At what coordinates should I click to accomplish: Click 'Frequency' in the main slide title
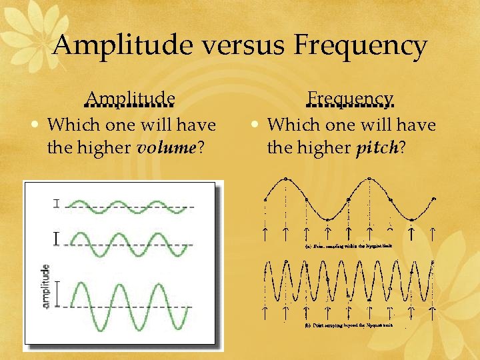pyautogui.click(x=361, y=45)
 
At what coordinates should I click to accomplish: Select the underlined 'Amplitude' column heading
pyautogui.click(x=131, y=99)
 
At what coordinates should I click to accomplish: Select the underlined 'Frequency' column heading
pyautogui.click(x=351, y=99)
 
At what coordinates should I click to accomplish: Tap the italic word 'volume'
pyautogui.click(x=163, y=147)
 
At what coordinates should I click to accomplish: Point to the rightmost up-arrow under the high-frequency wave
pyautogui.click(x=433, y=311)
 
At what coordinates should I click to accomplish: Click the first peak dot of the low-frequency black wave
pyautogui.click(x=286, y=179)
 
